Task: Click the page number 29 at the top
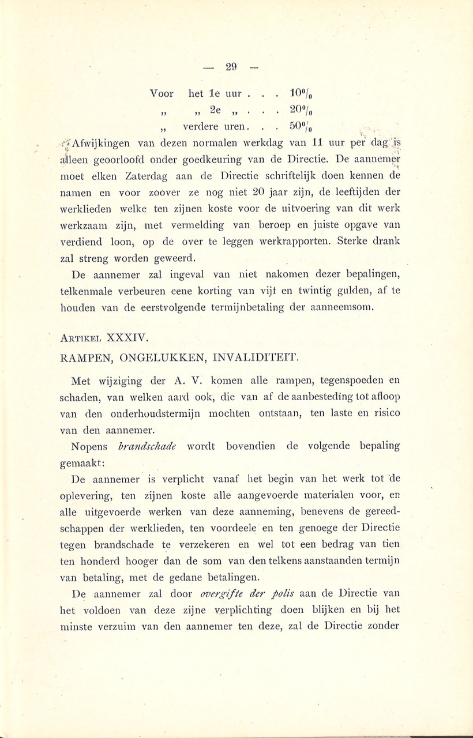231,67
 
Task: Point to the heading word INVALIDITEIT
256,357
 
